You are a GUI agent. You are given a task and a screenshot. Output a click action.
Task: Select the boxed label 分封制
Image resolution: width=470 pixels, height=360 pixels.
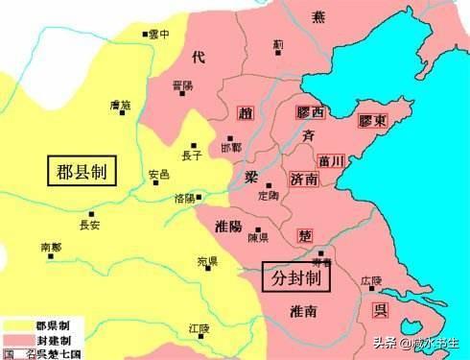[x=297, y=276]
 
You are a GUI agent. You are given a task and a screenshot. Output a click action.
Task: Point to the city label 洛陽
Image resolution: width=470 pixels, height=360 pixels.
[x=184, y=198]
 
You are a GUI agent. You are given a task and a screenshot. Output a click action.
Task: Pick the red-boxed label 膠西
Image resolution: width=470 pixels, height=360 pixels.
[x=311, y=113]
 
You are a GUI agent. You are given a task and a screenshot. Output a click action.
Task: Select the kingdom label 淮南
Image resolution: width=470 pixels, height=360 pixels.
[x=307, y=311]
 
